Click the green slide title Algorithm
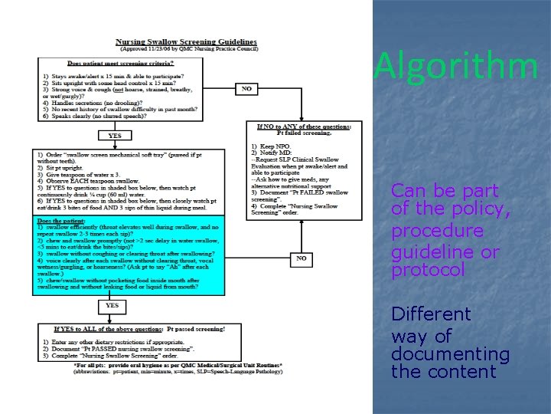(x=456, y=66)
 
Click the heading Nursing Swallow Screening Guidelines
(x=186, y=41)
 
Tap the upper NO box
(x=246, y=89)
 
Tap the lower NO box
(x=301, y=258)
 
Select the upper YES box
(x=115, y=136)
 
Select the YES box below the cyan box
(x=112, y=304)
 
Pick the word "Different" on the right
(x=431, y=314)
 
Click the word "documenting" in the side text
(x=450, y=353)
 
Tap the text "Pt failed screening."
(x=304, y=133)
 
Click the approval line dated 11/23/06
(x=186, y=48)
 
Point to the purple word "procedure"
(x=437, y=231)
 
